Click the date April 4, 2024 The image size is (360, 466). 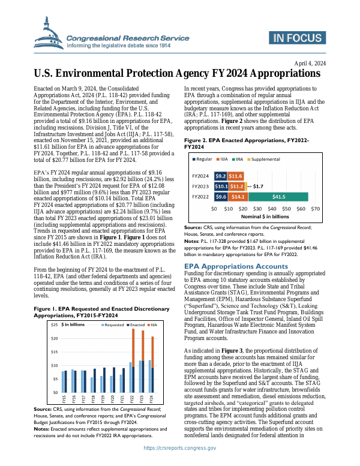pos(310,64)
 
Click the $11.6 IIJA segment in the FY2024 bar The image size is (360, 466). pos(235,160)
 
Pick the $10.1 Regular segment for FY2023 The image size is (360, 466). pos(221,170)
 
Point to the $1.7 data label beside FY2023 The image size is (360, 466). pos(258,170)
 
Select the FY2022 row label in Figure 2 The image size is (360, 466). pos(200,179)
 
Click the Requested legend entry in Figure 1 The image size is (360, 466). pos(112,324)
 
